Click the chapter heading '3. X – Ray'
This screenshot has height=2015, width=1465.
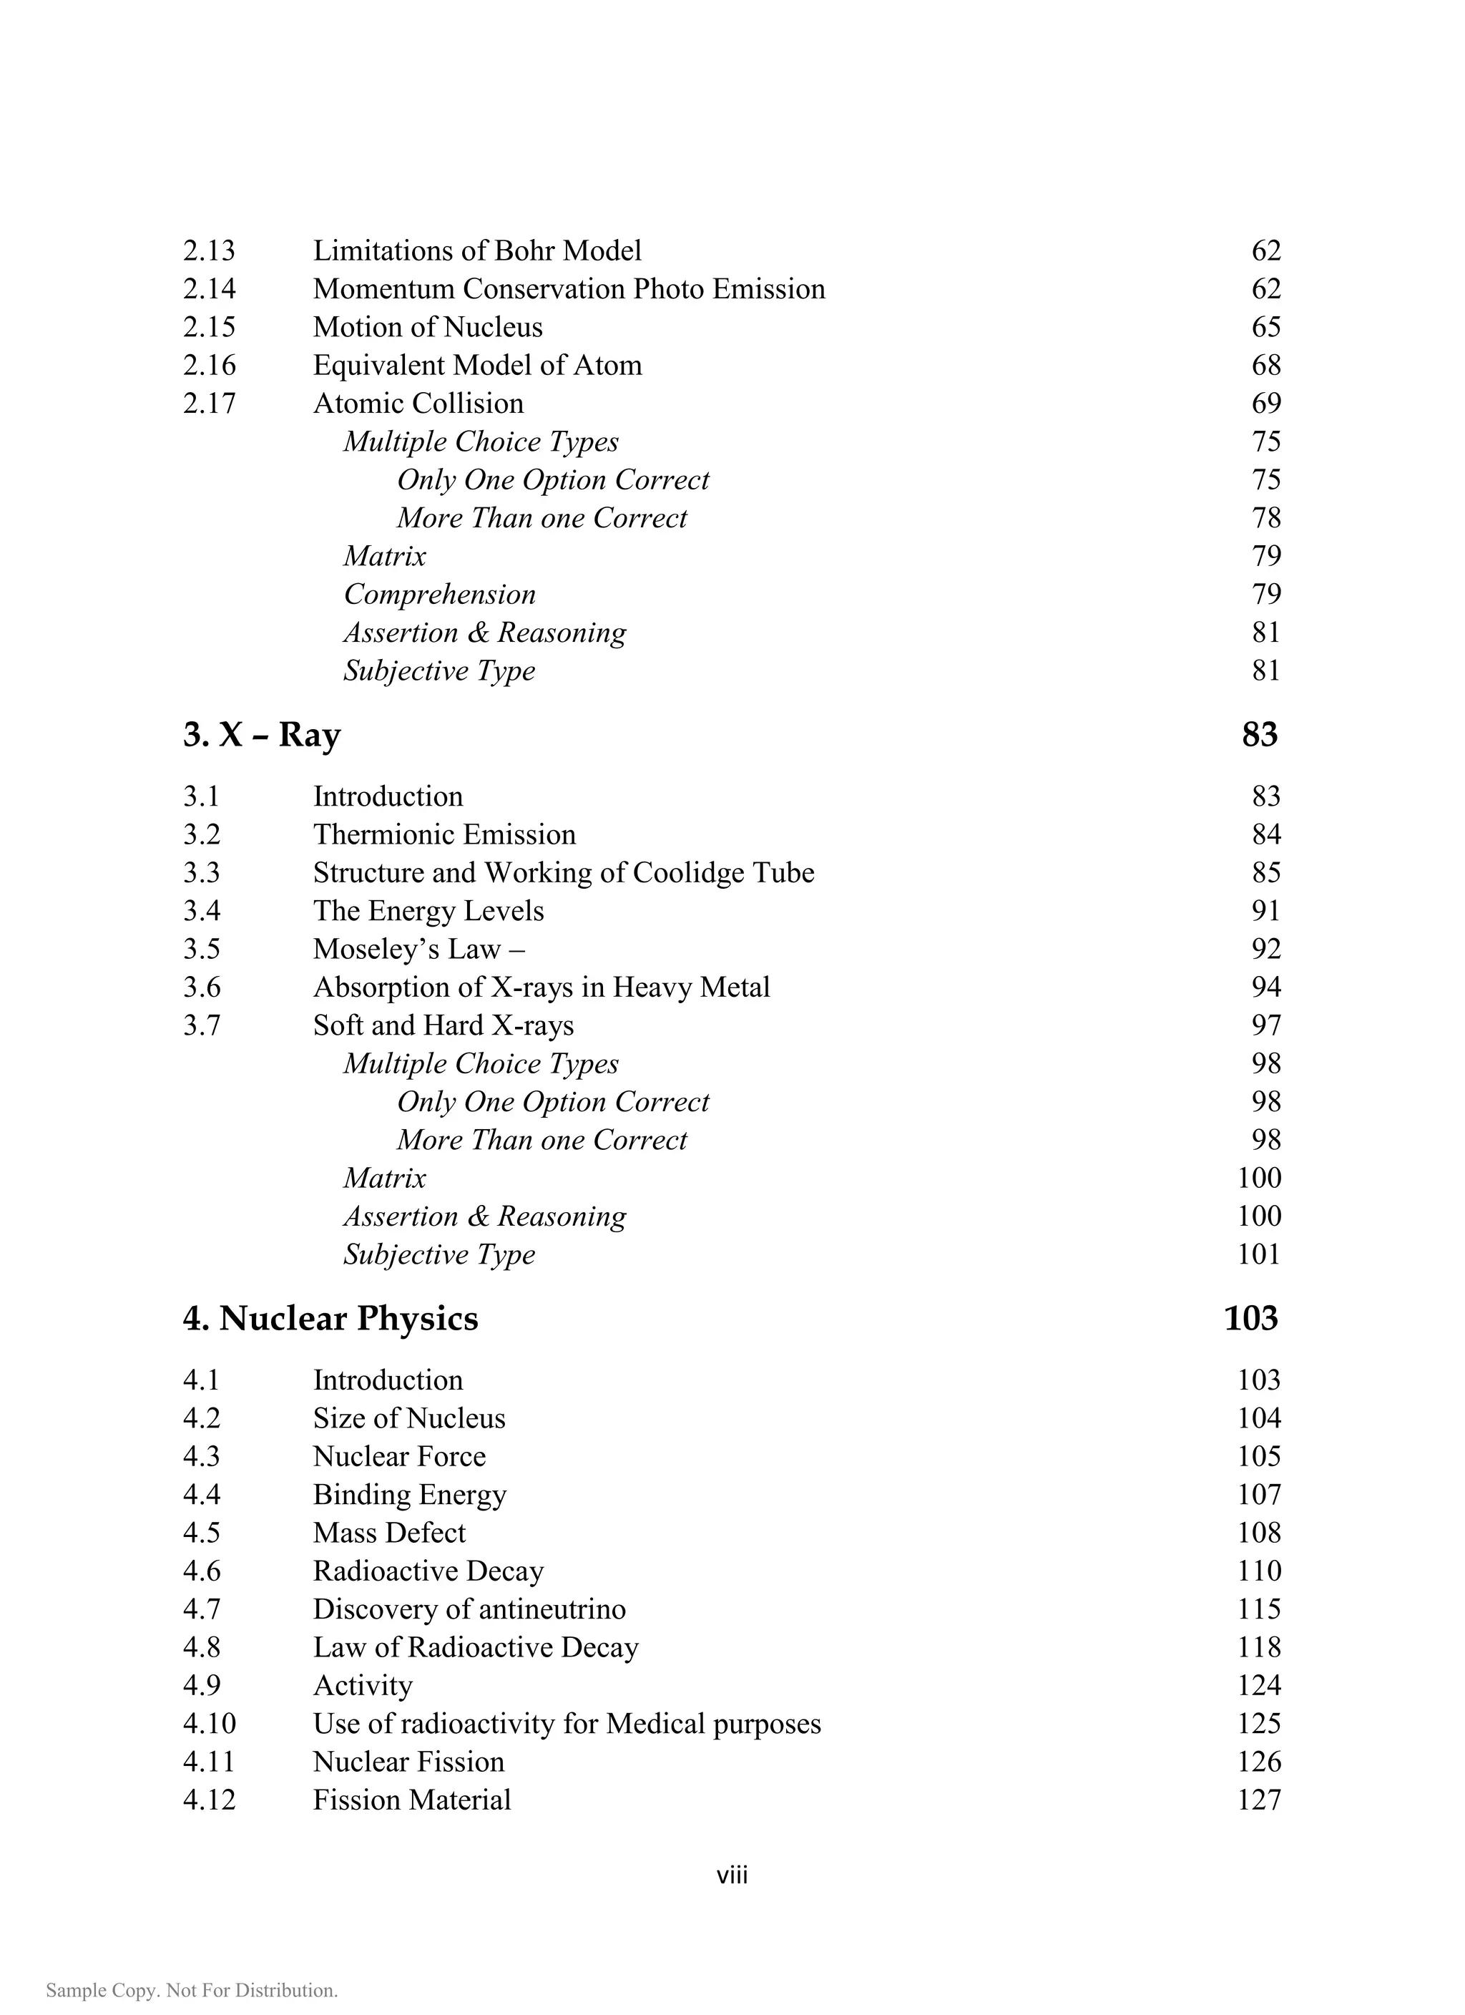[x=262, y=736]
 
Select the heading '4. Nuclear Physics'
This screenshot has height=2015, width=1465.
[x=330, y=1319]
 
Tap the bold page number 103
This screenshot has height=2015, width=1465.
[x=1251, y=1319]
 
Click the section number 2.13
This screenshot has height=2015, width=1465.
[x=209, y=251]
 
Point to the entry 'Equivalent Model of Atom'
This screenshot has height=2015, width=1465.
[x=477, y=365]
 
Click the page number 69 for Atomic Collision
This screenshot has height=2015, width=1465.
[x=1266, y=404]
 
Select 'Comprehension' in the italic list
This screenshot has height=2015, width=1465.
[x=440, y=595]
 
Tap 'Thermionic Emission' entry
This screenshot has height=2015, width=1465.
[x=444, y=835]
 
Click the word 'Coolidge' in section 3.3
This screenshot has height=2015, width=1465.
[x=690, y=874]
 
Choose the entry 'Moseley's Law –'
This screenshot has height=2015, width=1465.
[x=418, y=950]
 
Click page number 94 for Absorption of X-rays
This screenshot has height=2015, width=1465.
[x=1266, y=988]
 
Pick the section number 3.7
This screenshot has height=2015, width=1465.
[x=202, y=1026]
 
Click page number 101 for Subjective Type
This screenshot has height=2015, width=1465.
[x=1259, y=1254]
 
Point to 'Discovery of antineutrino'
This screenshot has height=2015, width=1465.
[x=469, y=1609]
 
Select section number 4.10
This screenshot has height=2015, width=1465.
[x=209, y=1724]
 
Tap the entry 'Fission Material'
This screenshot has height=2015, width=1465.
[x=411, y=1800]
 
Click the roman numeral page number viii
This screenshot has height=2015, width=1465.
[x=732, y=1875]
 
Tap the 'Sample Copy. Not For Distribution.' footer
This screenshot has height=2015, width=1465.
[x=192, y=1990]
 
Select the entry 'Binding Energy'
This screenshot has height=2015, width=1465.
[x=410, y=1496]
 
